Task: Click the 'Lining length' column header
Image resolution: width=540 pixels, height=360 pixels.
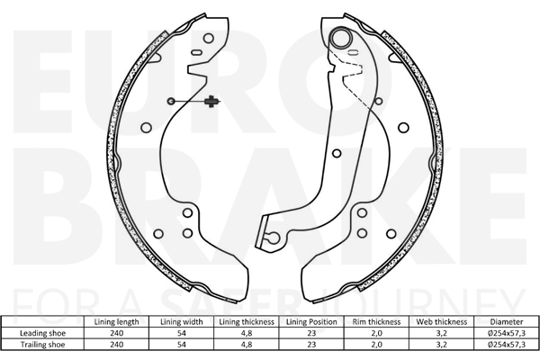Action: pos(116,322)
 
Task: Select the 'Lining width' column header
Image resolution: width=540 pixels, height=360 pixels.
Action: pos(182,322)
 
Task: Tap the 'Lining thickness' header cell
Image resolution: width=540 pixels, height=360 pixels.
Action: pos(247,322)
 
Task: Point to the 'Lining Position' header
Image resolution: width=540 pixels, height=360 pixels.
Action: pos(311,322)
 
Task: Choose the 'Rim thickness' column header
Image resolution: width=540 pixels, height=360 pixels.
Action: pos(376,322)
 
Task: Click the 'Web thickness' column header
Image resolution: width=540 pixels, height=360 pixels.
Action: pos(442,322)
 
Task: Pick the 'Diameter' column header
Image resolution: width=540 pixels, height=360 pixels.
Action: pos(507,322)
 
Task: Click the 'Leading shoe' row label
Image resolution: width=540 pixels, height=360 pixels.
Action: pos(42,333)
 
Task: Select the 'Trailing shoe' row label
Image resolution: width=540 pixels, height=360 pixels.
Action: pos(42,345)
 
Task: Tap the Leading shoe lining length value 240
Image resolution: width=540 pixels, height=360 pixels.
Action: pos(116,333)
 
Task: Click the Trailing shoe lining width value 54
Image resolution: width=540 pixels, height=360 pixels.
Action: pos(182,345)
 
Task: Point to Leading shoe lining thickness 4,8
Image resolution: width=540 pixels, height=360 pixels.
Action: pos(247,333)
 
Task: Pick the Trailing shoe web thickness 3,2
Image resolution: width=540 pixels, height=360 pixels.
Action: pos(442,345)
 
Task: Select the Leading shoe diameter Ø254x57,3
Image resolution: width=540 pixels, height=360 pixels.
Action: pos(507,333)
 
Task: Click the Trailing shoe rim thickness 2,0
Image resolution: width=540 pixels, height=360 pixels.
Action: pos(376,345)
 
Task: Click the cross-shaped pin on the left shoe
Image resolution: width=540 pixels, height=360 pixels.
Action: pos(211,102)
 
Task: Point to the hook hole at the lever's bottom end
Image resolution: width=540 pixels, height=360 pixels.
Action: pos(274,237)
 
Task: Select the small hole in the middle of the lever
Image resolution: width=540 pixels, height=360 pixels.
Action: pos(337,153)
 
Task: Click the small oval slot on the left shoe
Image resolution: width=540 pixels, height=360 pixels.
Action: pos(196,52)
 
